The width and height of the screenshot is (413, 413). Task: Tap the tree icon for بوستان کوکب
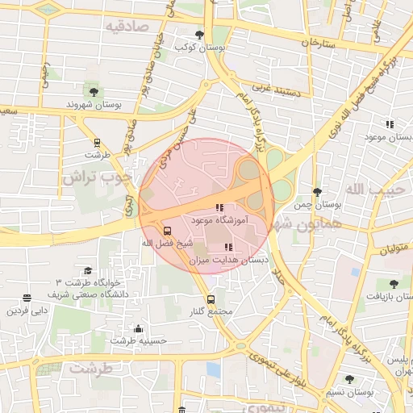tap(200, 34)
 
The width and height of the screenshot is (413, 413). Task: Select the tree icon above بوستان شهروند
tap(94, 91)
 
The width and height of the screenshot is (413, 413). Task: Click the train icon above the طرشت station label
tap(98, 142)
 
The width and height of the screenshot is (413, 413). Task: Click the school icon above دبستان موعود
tap(390, 124)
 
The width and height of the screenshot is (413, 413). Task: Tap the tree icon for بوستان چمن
tap(317, 192)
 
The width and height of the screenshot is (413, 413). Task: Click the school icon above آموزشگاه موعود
tap(219, 207)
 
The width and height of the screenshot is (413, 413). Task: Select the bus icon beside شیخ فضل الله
tap(167, 230)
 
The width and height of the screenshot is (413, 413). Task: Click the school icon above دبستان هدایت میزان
tap(228, 247)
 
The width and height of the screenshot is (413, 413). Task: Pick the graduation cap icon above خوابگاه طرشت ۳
tap(87, 270)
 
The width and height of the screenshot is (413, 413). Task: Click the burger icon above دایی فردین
tap(27, 298)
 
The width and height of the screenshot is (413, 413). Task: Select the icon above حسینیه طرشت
tap(138, 328)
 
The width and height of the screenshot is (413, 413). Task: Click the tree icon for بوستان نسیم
tap(348, 379)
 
